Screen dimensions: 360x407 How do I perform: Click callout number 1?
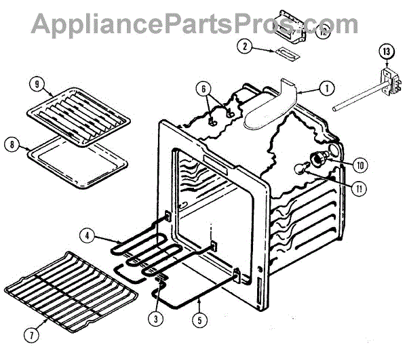click(x=326, y=87)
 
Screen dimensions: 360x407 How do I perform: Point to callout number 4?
click(x=88, y=237)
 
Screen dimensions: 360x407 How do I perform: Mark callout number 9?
click(x=37, y=85)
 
